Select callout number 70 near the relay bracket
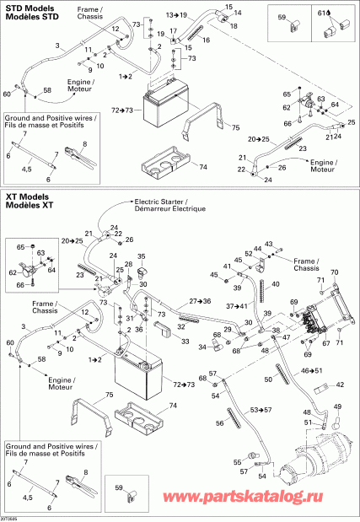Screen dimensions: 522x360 [x=333, y=272]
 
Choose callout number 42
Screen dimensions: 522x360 [x=341, y=385]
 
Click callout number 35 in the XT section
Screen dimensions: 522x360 [x=142, y=256]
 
